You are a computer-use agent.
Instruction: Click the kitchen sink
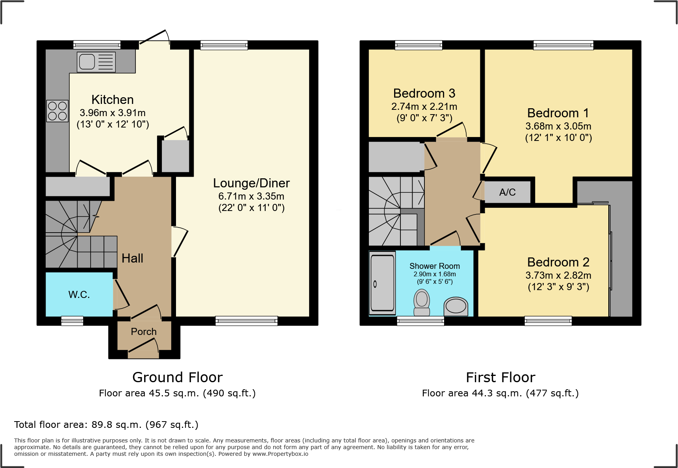(96, 62)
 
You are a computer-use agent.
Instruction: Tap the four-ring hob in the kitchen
(57, 111)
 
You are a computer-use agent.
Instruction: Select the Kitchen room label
(113, 100)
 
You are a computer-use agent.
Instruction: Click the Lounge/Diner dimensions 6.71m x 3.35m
(251, 196)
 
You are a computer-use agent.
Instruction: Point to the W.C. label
(79, 294)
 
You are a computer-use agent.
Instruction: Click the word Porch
(144, 332)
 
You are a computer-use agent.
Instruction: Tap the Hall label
(132, 258)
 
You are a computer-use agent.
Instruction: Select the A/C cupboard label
(507, 192)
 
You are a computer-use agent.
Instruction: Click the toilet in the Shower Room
(422, 302)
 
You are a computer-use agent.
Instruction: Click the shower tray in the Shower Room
(382, 283)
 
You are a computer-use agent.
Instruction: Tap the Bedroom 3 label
(424, 93)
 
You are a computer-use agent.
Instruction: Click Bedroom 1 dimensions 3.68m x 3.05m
(558, 126)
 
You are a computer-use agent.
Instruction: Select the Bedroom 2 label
(558, 262)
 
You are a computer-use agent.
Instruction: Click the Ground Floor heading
(178, 377)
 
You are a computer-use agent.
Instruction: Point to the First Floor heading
(500, 377)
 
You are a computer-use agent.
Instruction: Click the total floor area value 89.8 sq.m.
(116, 425)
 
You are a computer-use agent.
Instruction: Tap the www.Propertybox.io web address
(280, 454)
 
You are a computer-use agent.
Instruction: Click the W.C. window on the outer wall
(72, 321)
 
